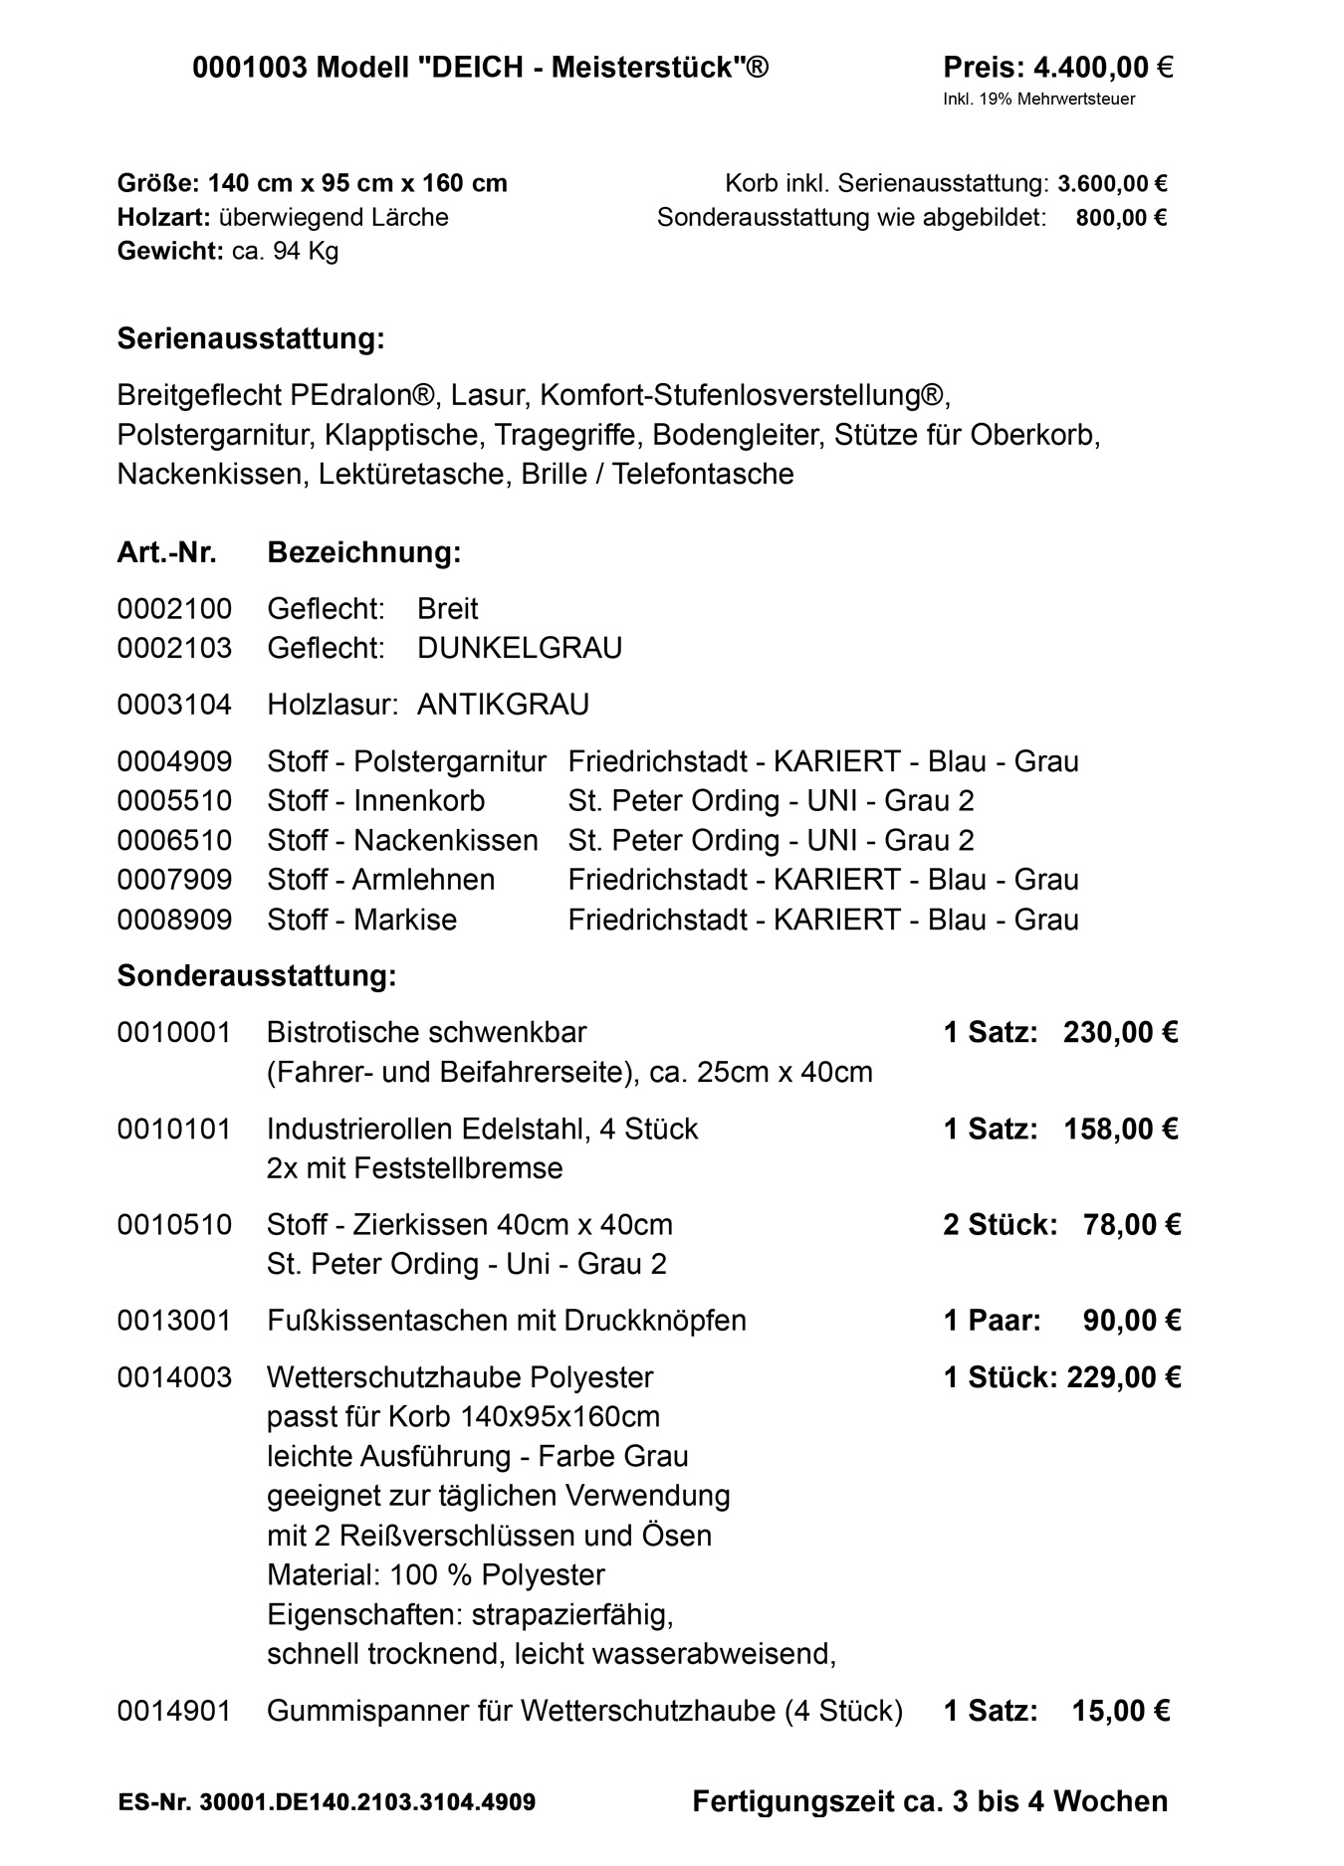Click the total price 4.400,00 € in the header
[x=1103, y=68]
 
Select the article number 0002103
[x=174, y=648]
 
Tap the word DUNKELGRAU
[x=520, y=648]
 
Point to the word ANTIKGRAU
[x=503, y=705]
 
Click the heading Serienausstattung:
[x=251, y=338]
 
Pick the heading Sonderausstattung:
[x=257, y=975]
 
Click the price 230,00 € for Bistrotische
[x=1120, y=1032]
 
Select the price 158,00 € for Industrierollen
[x=1120, y=1129]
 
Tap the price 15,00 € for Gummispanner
[x=1121, y=1711]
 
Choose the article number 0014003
[x=174, y=1377]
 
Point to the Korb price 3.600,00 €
[x=1112, y=184]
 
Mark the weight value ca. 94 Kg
[x=285, y=251]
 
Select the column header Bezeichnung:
[x=364, y=552]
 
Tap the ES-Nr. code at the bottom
[x=327, y=1802]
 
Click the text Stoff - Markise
[x=361, y=919]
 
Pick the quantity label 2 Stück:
[x=1000, y=1224]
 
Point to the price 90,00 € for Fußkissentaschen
[x=1131, y=1321]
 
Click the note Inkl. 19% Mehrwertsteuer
[x=1039, y=99]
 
